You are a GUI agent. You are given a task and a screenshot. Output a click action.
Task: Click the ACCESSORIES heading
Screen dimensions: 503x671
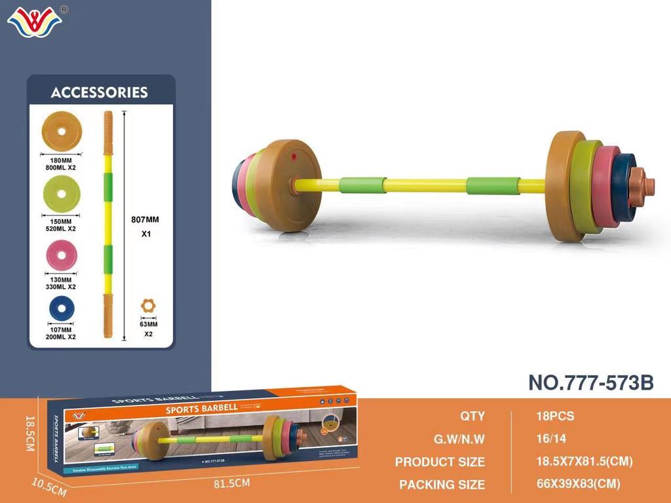pyautogui.click(x=100, y=92)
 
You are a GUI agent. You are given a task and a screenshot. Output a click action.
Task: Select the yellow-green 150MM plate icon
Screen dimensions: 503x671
pyautogui.click(x=60, y=195)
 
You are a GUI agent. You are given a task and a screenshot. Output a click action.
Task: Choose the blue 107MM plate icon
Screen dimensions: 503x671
pyautogui.click(x=60, y=308)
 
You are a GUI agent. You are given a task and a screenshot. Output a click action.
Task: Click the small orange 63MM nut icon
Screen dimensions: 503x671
pyautogui.click(x=149, y=306)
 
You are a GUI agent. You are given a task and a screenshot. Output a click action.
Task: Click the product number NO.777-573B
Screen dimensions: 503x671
pyautogui.click(x=590, y=382)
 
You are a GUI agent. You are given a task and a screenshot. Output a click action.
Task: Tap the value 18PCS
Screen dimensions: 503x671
pyautogui.click(x=554, y=416)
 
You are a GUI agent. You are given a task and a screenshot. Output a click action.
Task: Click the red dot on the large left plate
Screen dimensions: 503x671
pyautogui.click(x=295, y=157)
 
